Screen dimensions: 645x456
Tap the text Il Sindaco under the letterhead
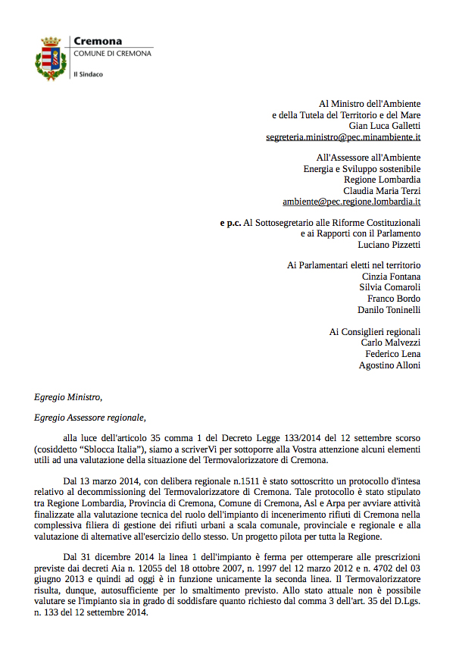pos(88,74)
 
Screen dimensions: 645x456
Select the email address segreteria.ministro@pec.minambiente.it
pos(343,137)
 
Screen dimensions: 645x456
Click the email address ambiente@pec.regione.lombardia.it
pos(351,202)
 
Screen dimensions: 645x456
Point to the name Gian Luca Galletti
pos(385,126)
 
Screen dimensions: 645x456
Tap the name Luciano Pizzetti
pos(389,245)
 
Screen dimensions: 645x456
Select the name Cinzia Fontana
pos(390,276)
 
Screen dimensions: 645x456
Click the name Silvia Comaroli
pos(389,287)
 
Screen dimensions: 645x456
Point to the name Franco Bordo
pos(394,299)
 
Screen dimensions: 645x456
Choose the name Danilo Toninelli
pos(389,310)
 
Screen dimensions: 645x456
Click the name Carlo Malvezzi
pos(391,343)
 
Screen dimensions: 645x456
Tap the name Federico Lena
pos(393,354)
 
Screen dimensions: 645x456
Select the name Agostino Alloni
pos(389,365)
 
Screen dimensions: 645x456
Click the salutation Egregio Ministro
pos(67,396)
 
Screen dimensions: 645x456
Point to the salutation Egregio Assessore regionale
pos(89,417)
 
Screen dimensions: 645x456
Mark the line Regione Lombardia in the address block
pos(383,180)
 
